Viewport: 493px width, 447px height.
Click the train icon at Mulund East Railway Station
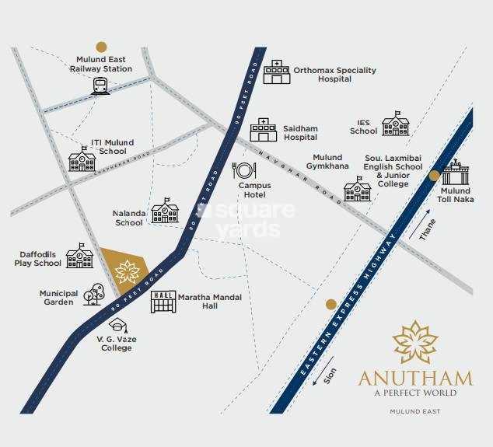100,86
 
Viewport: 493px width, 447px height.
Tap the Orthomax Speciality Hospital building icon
277,72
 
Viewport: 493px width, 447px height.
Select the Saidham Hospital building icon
264,130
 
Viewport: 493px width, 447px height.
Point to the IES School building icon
396,124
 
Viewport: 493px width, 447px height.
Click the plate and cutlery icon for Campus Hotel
244,171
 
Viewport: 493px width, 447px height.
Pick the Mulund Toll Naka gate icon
455,172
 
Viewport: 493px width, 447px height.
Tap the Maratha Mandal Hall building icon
163,302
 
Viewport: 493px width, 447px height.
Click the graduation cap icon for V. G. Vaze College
118,325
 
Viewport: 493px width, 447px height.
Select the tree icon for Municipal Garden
93,294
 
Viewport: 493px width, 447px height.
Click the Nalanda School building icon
165,211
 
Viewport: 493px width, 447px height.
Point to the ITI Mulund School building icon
82,159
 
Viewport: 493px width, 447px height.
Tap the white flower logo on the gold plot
128,272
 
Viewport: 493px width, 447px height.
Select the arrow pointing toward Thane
419,224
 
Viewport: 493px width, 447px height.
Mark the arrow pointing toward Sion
323,371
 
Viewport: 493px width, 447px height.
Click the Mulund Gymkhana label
327,162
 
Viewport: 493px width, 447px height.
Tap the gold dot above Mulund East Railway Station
101,47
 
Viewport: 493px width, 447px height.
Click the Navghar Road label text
300,177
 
